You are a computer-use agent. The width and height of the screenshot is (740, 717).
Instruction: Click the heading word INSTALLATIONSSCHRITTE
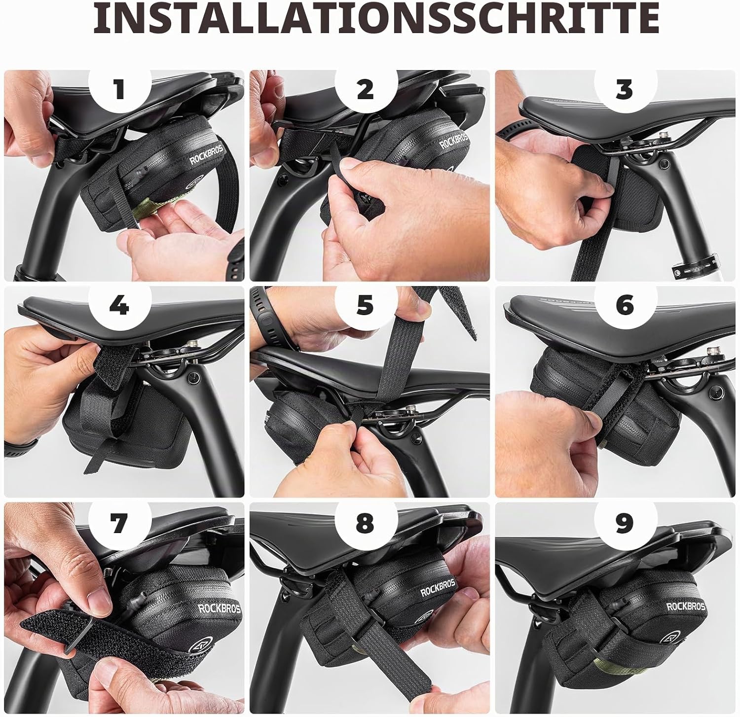pos(376,18)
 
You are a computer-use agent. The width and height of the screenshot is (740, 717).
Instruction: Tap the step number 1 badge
pos(119,90)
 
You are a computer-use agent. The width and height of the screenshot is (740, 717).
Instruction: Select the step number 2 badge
pos(366,90)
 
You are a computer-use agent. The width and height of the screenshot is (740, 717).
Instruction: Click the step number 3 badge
pos(625,90)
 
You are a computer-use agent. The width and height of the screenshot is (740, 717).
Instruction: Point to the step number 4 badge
pos(119,306)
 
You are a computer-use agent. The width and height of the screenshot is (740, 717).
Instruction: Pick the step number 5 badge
pos(366,306)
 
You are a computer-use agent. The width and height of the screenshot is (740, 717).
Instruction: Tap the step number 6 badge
pos(625,306)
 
